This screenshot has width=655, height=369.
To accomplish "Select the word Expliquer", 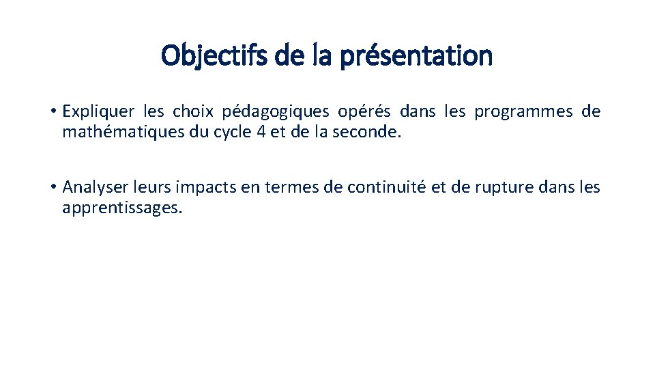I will point(99,111).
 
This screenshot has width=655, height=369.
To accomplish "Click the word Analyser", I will point(91,187).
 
